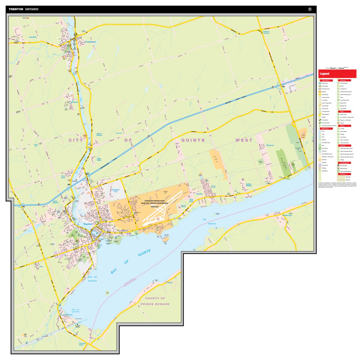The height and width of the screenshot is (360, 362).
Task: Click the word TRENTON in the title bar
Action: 16,9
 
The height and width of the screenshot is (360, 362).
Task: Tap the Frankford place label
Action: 90,42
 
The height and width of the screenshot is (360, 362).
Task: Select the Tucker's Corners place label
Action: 266,32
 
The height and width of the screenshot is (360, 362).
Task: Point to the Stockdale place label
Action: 33,37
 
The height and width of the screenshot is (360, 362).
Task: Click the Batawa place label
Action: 75,102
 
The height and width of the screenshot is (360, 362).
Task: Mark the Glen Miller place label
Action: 99,160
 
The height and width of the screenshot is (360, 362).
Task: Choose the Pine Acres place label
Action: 63,177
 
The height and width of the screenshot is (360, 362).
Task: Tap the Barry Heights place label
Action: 55,202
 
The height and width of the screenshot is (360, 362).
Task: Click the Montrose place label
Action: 270,145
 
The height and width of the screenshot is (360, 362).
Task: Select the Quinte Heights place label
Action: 249,185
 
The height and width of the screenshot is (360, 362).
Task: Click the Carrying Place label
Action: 82,344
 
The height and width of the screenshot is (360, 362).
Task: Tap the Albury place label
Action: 170,282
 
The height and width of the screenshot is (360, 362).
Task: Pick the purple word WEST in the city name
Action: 244,140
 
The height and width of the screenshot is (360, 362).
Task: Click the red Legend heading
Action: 324,74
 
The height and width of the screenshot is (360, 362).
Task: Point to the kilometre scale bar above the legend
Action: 337,67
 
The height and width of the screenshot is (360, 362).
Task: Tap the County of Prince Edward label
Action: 155,301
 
